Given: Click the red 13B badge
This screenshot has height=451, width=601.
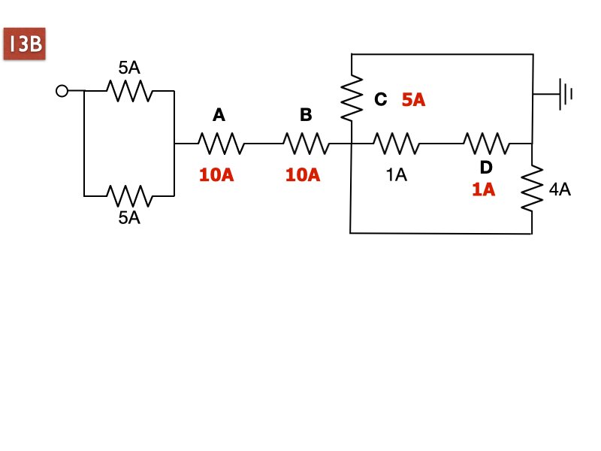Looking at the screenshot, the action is click(25, 44).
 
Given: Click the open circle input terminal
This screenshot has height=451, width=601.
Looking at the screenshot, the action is click(62, 91).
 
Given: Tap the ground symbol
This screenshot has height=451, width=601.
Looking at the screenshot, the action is click(566, 94).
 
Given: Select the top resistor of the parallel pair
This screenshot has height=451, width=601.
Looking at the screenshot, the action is click(129, 91).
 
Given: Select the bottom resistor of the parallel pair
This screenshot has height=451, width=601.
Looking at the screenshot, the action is click(129, 196).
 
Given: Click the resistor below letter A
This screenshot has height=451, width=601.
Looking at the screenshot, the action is click(221, 144).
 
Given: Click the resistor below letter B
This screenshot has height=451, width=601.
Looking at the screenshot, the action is click(307, 144).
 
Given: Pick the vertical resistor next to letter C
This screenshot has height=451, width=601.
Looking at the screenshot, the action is click(352, 98).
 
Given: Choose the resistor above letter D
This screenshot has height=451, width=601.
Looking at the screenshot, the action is click(487, 144).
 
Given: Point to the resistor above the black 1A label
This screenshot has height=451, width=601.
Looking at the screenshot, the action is click(397, 144).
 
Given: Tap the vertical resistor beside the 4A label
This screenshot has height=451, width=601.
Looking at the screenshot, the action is click(532, 189).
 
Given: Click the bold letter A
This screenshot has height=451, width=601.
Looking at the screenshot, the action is click(219, 115).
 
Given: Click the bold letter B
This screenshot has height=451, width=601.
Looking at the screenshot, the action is click(306, 115).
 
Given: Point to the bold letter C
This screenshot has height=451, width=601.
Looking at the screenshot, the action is click(381, 99).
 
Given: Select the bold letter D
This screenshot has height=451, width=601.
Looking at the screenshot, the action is click(486, 167).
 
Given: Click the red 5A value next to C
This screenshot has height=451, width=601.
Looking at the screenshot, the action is click(414, 100).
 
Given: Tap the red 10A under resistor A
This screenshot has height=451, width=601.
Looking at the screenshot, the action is click(216, 175).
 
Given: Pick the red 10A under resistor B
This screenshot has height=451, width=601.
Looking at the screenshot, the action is click(303, 175).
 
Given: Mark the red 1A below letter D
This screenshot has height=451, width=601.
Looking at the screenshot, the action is click(484, 189).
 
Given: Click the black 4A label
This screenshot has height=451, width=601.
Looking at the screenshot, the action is click(560, 189).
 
